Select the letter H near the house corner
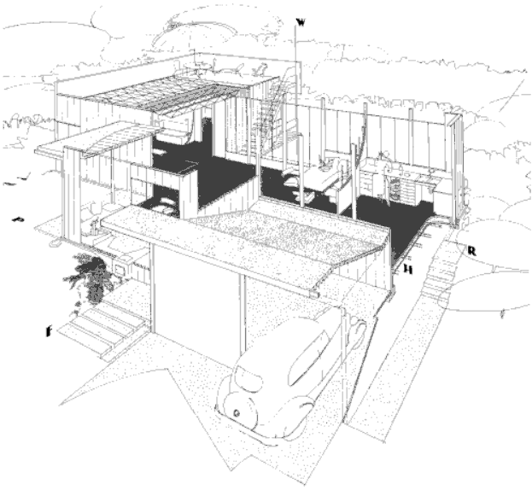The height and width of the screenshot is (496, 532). (408, 269)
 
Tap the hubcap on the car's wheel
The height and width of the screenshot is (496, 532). (235, 411)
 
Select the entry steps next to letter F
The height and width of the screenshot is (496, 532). (98, 329)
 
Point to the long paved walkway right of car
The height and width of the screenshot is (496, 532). (384, 341)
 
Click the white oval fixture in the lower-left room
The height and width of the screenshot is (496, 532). (163, 206)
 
